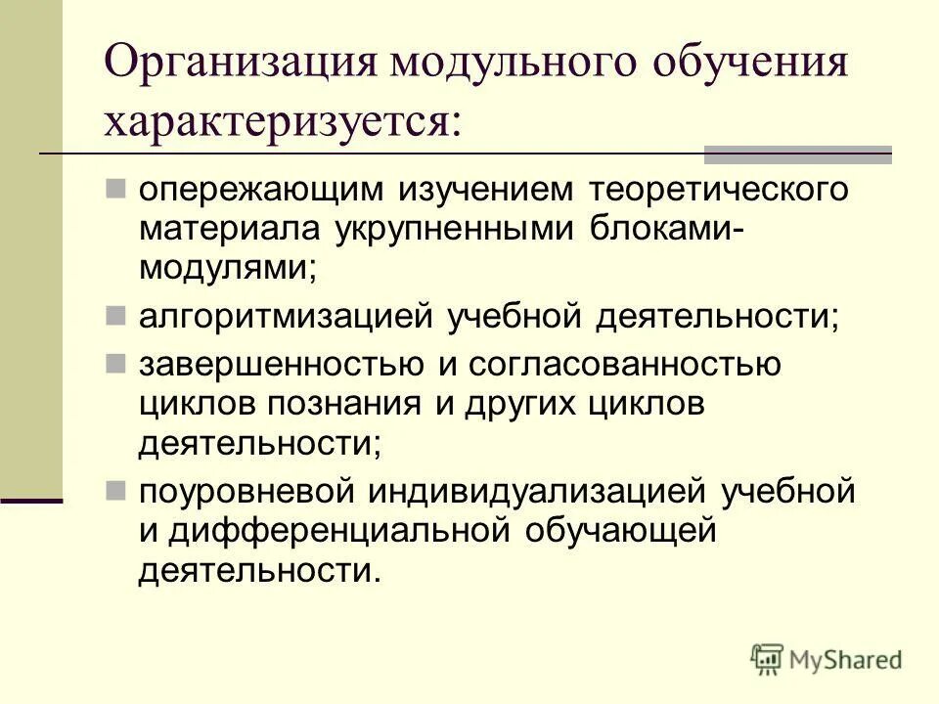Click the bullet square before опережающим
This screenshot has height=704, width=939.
coord(115,184)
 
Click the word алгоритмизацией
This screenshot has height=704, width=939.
coord(285,317)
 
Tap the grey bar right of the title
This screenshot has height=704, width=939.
coord(798,154)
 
